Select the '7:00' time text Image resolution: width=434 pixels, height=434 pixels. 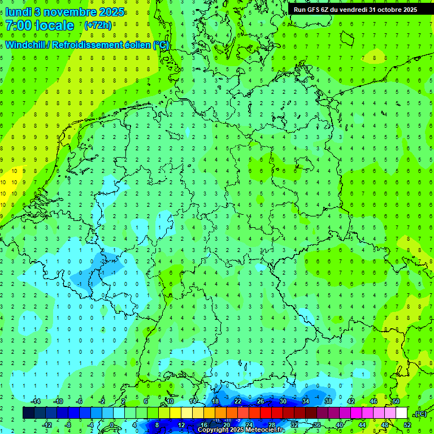coord(19,25)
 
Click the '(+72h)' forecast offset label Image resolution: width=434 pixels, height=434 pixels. coord(98,25)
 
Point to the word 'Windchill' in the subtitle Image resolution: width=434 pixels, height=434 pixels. coord(25,45)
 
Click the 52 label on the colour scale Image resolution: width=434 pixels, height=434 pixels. coord(407,425)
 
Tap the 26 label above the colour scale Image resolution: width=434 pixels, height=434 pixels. coord(260,401)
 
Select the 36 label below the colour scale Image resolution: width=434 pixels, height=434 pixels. coord(316,425)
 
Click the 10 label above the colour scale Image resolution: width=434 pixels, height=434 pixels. coord(170,401)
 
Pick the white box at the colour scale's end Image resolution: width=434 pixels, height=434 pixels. coord(401,413)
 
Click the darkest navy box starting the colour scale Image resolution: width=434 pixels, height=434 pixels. coord(28,413)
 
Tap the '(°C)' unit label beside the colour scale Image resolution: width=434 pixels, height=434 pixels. coord(420,414)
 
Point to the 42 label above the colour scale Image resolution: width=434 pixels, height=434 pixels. coord(350,401)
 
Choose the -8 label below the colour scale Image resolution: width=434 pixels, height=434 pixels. coord(68,425)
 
